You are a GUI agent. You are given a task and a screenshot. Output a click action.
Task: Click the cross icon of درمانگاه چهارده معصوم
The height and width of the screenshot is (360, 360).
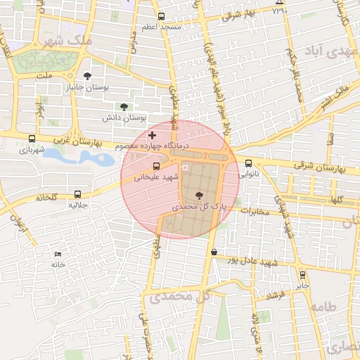(152, 134)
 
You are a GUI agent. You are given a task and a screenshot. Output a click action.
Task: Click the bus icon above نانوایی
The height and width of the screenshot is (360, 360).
(248, 163)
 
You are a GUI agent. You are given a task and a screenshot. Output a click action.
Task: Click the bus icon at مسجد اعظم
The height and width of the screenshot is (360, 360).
(161, 16)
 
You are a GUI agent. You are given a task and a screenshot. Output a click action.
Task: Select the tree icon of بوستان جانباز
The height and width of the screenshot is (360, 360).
(87, 76)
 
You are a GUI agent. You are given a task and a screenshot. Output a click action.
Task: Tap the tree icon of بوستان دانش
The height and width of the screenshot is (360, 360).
(124, 107)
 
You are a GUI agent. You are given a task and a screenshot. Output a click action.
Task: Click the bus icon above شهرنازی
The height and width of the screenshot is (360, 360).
(32, 139)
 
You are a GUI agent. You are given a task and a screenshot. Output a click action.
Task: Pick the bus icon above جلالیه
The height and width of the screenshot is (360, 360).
(77, 195)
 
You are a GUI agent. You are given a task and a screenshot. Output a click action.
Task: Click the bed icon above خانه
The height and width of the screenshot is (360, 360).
(58, 254)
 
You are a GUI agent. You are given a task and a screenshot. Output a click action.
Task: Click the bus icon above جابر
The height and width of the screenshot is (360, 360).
(302, 275)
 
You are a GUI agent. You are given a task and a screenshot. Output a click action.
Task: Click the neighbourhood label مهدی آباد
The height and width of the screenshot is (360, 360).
(323, 51)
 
